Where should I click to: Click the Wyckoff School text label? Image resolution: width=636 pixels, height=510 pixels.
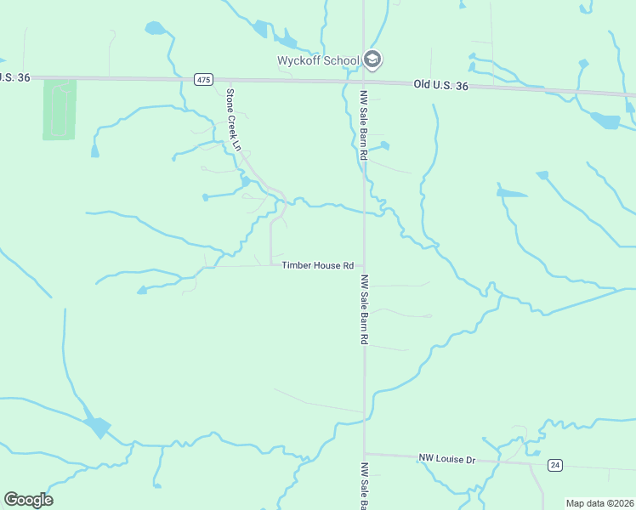coord(318,60)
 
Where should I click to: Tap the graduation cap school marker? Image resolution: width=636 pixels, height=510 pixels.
coord(372,59)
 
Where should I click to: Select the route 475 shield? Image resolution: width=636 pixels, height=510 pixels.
coord(202,80)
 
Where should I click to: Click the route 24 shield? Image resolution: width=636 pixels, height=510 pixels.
coord(555,465)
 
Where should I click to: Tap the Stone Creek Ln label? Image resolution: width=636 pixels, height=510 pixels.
coord(232,120)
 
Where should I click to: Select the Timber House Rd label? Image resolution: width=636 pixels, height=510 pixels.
coord(317,265)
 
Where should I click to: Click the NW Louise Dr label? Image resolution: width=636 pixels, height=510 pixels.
coord(446,459)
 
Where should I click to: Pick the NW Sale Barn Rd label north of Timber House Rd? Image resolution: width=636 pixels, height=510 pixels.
coord(363,125)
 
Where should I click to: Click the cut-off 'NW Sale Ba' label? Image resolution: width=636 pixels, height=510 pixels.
coord(364,487)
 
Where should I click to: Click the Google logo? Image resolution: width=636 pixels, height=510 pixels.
coord(28,500)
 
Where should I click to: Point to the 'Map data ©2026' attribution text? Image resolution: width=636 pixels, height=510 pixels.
coord(599,503)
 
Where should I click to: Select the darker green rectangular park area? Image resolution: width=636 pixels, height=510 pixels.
coord(60,109)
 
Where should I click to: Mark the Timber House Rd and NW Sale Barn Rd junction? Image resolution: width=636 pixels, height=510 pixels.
coord(365,265)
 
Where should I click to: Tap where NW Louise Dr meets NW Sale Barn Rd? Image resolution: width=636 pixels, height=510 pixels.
coord(365,454)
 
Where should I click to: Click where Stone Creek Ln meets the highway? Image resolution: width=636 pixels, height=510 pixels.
coord(228,81)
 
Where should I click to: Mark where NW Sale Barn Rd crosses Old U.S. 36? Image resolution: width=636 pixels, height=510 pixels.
coord(363,82)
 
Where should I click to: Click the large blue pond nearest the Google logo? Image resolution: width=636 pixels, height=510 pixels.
coord(97,426)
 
